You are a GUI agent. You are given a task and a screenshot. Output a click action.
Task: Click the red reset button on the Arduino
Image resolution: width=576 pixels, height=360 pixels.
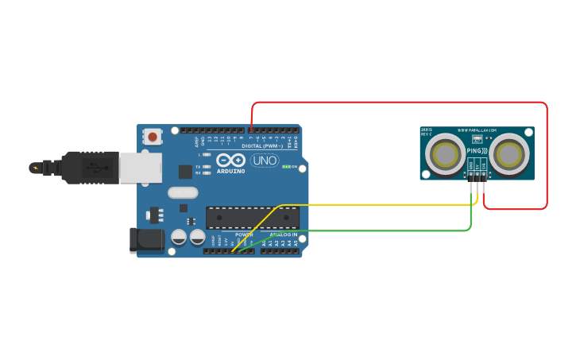[152, 137]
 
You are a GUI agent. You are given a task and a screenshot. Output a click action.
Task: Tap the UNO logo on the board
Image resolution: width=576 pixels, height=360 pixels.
[264, 161]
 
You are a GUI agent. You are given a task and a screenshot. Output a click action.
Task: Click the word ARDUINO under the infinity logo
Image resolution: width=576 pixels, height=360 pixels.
[231, 171]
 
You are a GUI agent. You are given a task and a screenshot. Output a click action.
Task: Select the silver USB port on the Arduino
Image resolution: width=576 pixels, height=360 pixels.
[141, 168]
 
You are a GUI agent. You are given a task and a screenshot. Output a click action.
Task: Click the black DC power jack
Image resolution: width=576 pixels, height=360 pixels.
[146, 241]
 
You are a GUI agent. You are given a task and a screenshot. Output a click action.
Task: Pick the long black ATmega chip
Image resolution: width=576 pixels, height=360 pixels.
[253, 218]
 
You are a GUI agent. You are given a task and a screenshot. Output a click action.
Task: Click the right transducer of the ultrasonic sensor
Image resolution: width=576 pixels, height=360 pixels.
[509, 154]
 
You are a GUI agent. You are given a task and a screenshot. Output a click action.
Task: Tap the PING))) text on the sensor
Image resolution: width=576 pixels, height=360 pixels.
[477, 151]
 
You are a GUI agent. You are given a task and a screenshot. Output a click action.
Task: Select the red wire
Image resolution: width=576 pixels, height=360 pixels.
[397, 103]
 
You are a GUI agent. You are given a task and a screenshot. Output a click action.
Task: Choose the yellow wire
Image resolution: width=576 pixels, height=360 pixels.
[373, 205]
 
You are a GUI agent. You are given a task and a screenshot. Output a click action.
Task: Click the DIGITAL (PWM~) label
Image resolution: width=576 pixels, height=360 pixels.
[263, 147]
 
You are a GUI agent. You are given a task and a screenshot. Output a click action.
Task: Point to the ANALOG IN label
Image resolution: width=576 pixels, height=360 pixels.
[283, 235]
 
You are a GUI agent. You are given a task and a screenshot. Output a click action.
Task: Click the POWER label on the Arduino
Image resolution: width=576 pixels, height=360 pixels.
[244, 235]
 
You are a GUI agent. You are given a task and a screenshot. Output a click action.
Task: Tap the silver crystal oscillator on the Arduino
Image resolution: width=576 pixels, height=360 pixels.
[182, 192]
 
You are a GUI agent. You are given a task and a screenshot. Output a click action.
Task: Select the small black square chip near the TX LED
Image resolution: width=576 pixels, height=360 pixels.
[185, 171]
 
